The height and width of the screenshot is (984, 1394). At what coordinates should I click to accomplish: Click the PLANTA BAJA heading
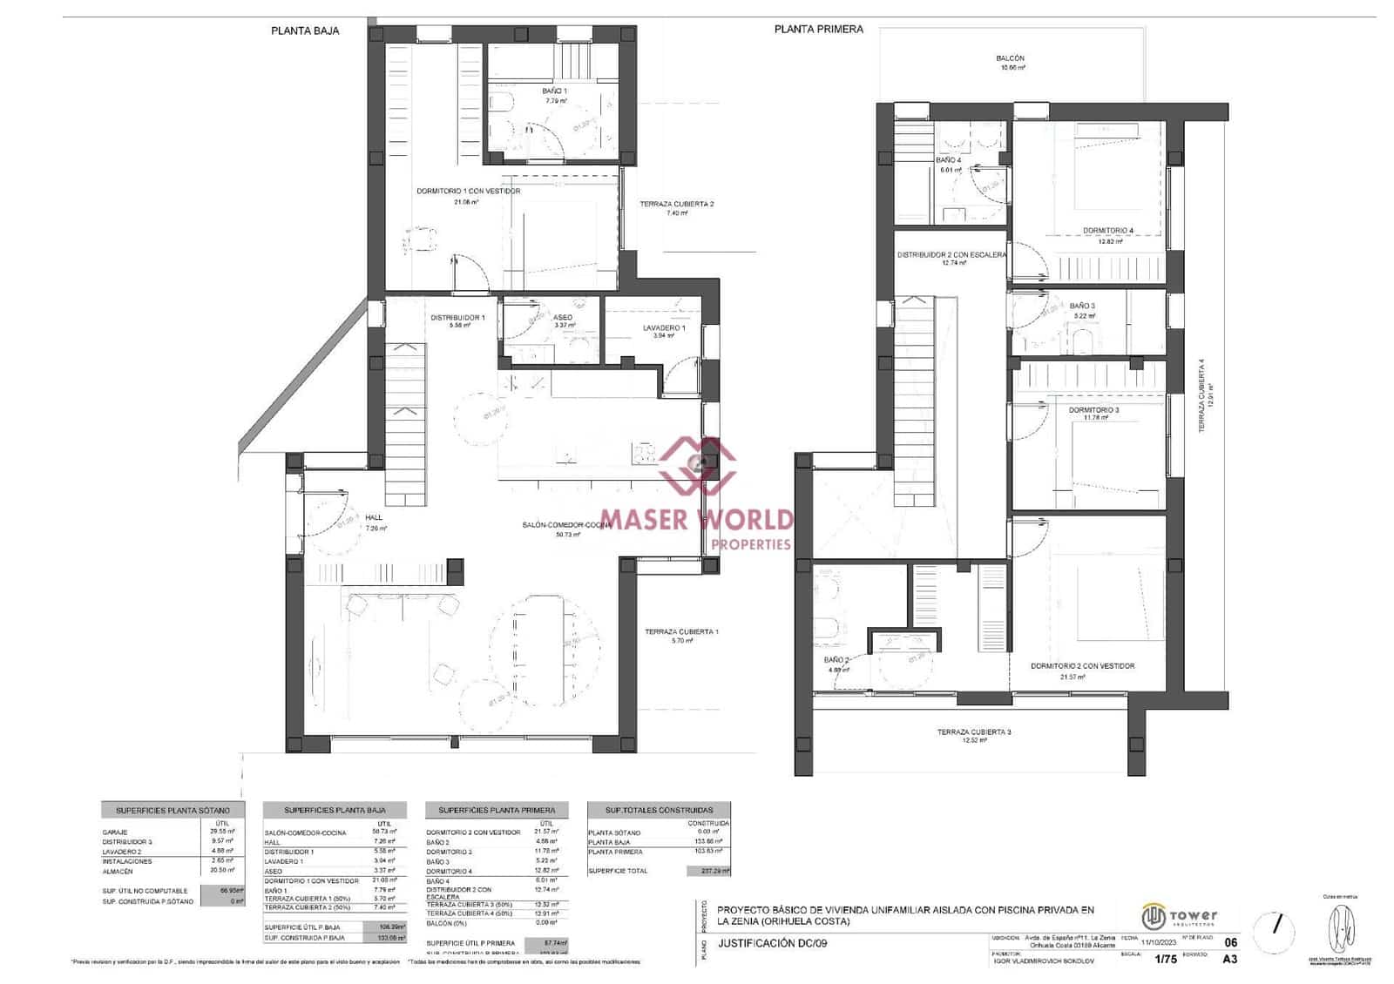tap(305, 30)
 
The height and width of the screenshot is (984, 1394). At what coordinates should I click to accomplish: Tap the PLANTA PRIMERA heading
tap(818, 30)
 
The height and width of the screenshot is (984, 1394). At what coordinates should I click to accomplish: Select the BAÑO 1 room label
tap(554, 91)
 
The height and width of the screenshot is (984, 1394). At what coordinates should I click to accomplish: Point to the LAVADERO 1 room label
tap(664, 328)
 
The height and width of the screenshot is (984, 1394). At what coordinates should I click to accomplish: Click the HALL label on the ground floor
tap(374, 518)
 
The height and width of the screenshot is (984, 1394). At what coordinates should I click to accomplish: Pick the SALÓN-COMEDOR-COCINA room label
tap(566, 525)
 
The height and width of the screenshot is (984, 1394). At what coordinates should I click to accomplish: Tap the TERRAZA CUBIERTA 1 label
tap(681, 632)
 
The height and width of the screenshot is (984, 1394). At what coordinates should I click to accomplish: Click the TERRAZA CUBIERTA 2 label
tap(676, 205)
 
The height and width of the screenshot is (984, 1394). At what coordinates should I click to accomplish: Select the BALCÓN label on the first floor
tap(1010, 59)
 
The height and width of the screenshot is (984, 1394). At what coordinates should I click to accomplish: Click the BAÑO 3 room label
tap(1082, 307)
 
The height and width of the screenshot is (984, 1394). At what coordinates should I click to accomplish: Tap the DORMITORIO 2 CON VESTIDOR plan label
tap(1082, 666)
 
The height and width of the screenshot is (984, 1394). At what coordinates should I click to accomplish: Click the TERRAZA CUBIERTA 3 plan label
tap(974, 732)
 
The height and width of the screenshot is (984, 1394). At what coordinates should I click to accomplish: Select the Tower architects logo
tap(1180, 917)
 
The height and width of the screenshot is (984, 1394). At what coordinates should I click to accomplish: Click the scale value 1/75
tap(1165, 960)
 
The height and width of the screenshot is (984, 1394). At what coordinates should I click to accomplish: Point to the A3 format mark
tap(1229, 960)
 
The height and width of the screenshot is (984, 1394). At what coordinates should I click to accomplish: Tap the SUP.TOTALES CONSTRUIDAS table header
tap(659, 810)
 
